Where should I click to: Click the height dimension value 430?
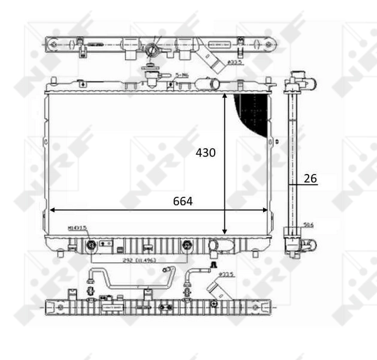tap(206, 153)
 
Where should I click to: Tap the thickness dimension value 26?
tap(310, 178)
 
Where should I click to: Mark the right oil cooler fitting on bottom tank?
tap(189, 245)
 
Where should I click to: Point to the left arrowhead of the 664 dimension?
tap(53, 210)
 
